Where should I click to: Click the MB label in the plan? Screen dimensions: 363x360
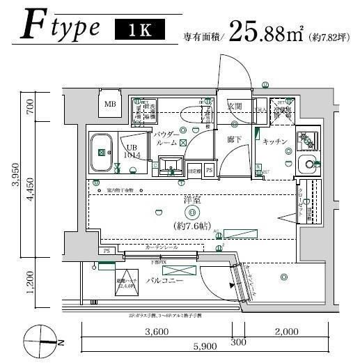point(110,105)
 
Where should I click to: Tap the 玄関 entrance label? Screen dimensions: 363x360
point(234,106)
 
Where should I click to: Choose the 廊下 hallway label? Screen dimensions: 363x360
point(234,139)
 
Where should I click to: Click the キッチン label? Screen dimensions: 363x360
point(275,141)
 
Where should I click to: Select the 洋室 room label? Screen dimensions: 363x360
point(192,200)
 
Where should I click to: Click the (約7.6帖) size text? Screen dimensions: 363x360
point(192,226)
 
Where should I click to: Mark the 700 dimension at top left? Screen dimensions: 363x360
point(29,107)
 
